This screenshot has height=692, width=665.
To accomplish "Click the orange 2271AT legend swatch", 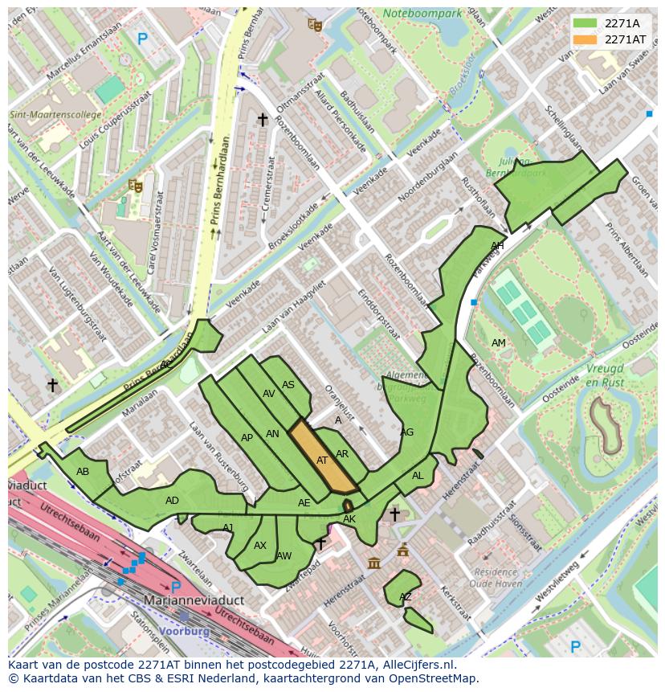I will [x=585, y=39].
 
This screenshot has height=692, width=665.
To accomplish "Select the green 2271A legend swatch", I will [x=585, y=23].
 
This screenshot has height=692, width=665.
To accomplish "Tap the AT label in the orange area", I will [x=322, y=461].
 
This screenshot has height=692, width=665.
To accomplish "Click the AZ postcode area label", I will [x=406, y=597].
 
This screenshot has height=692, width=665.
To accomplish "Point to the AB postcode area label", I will [x=83, y=472].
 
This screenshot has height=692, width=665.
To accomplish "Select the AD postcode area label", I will [x=172, y=501].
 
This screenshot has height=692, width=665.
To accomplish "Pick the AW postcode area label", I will [x=284, y=556].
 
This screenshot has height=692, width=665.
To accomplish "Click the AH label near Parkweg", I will [x=497, y=246].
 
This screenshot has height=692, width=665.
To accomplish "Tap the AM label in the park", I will [x=499, y=343].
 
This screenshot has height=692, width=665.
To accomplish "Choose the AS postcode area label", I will [x=288, y=385].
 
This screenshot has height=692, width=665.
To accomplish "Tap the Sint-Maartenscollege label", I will [x=55, y=115].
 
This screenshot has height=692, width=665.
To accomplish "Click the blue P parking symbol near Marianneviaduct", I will [x=176, y=588].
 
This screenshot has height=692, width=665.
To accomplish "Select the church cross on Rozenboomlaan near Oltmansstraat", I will [x=262, y=120].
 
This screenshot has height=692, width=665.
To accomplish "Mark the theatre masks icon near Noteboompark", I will [x=315, y=25].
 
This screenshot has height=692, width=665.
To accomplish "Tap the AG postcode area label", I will [x=407, y=432].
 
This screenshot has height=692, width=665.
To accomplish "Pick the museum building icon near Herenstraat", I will [x=374, y=563].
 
